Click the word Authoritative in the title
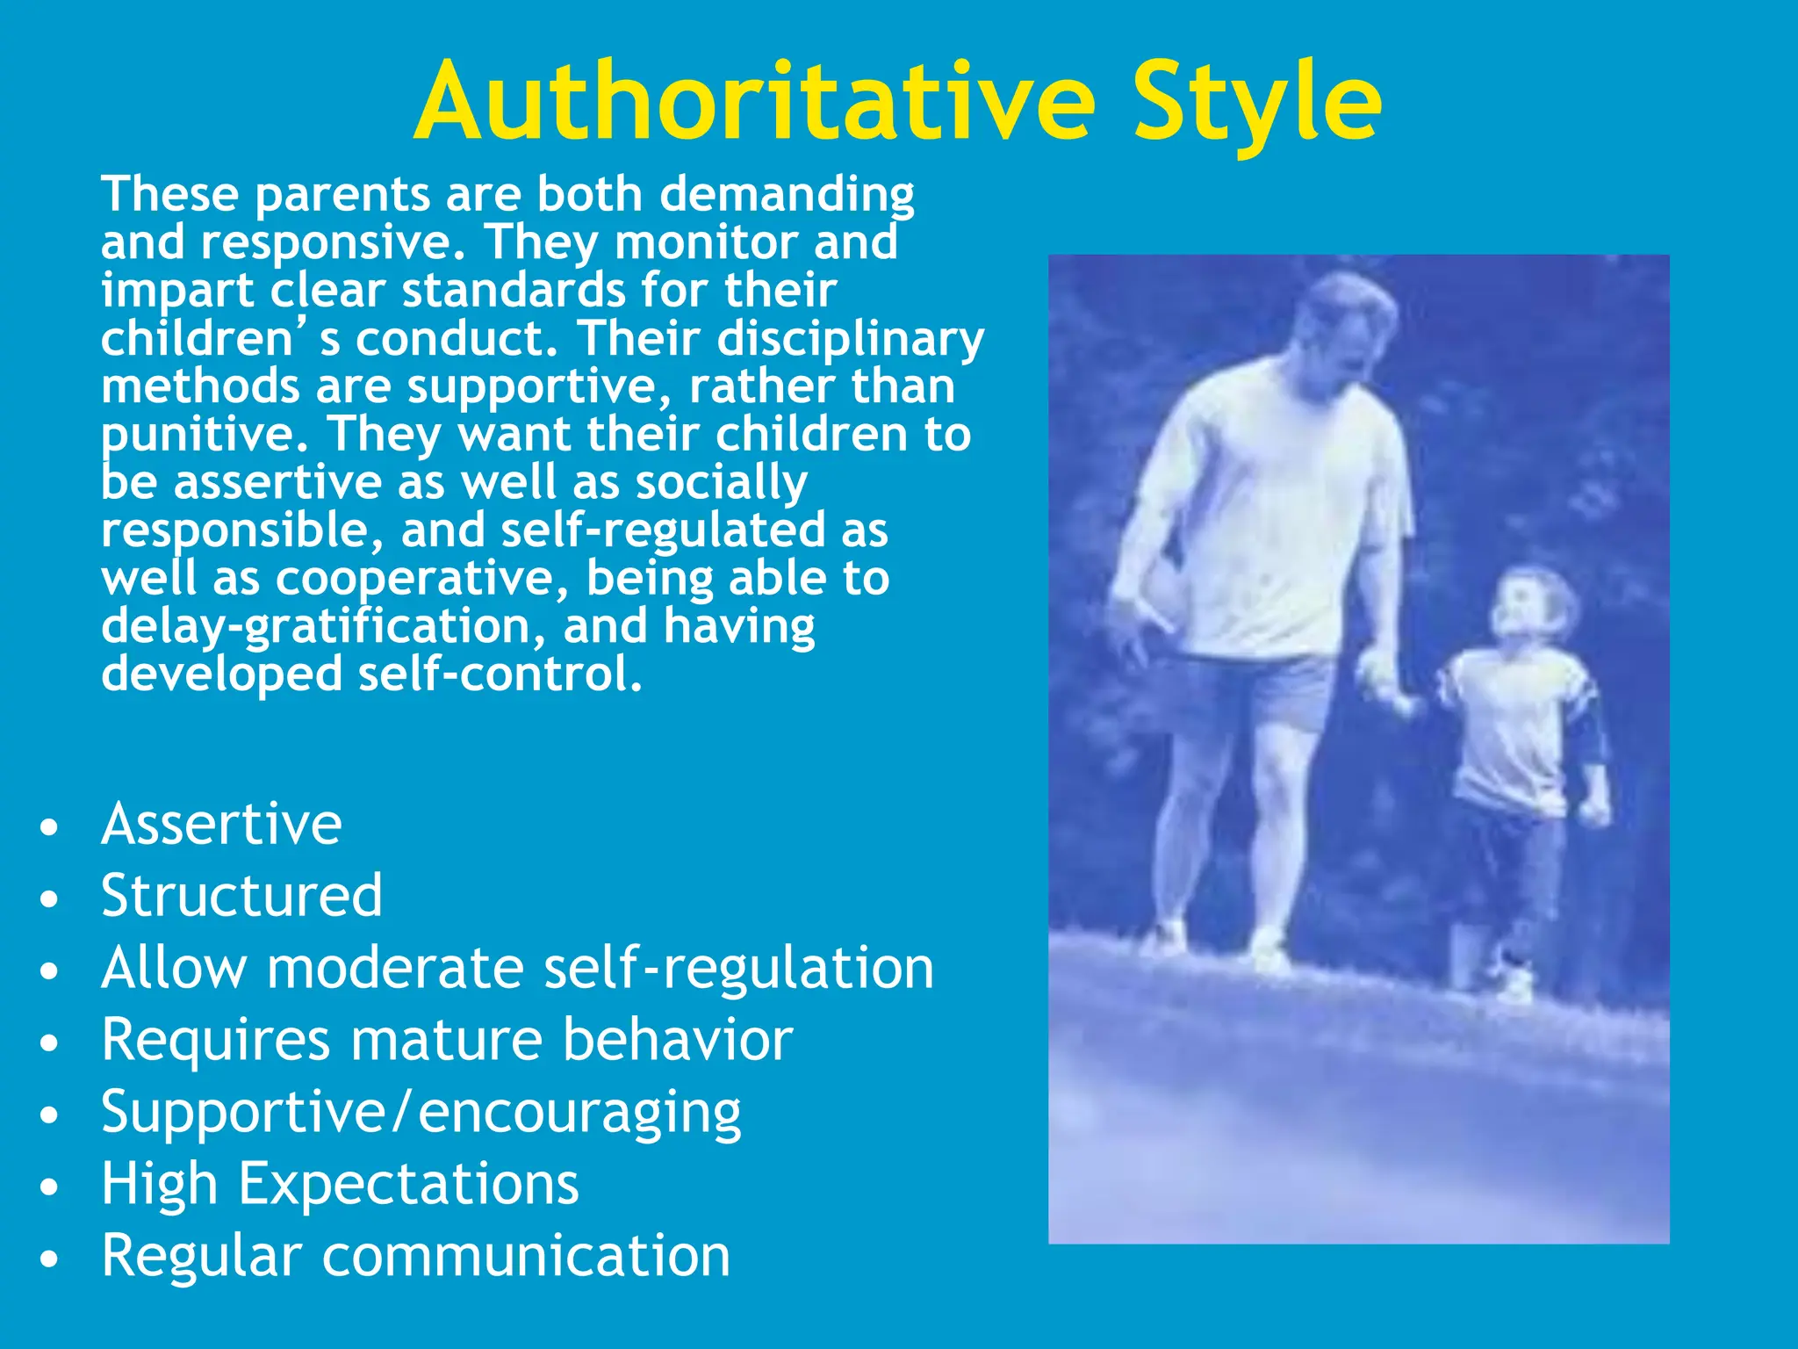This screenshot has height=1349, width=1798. [x=755, y=102]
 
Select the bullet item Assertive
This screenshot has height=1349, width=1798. [x=221, y=824]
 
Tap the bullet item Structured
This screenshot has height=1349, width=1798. [x=241, y=896]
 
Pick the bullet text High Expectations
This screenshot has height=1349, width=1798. [x=340, y=1184]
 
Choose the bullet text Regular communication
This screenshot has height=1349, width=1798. [x=415, y=1256]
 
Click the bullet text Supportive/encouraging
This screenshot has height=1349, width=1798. [x=421, y=1112]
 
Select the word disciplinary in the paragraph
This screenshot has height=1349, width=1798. [x=851, y=339]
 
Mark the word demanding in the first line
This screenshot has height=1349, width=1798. [x=787, y=195]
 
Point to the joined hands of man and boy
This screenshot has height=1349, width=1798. [x=1396, y=694]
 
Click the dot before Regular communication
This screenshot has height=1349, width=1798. [x=50, y=1259]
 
